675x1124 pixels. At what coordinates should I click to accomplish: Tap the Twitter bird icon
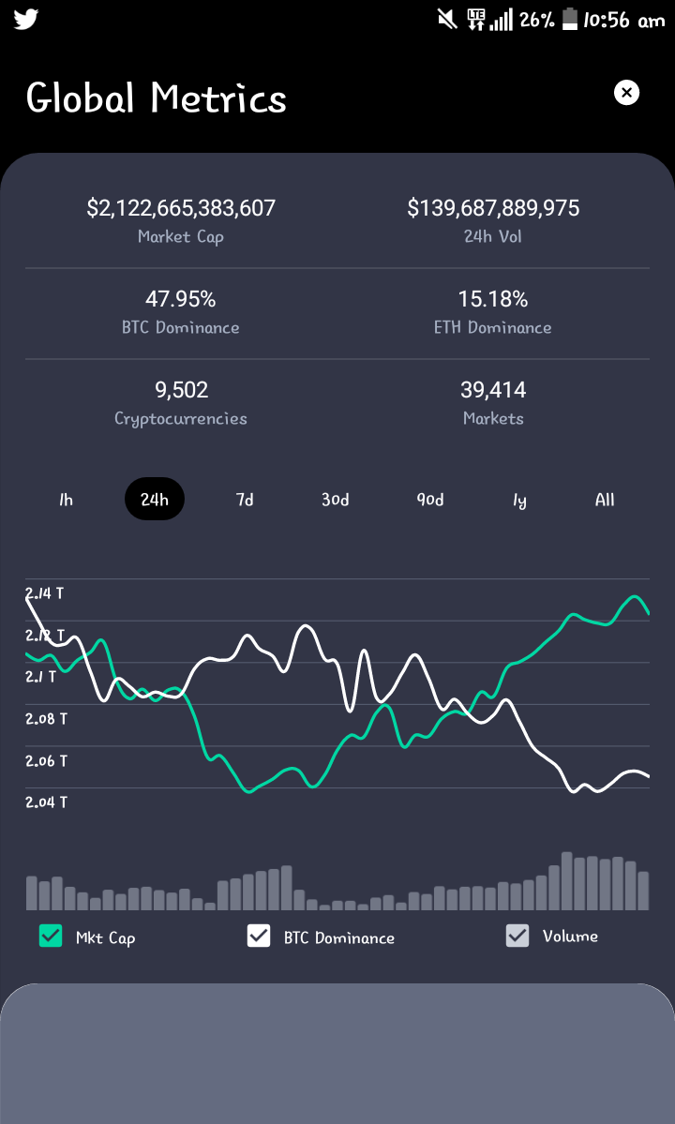[26, 20]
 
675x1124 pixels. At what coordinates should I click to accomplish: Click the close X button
[626, 93]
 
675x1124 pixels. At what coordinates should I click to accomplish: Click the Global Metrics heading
[157, 98]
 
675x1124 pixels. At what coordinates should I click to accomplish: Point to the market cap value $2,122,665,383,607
[181, 208]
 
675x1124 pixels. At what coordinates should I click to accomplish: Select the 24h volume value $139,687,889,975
[493, 208]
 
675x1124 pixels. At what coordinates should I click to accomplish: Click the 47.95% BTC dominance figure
[181, 299]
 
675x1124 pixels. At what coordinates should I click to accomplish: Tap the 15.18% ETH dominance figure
[493, 299]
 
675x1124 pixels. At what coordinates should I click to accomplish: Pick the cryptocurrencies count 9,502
[181, 390]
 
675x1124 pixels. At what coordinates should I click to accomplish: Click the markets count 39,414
[493, 390]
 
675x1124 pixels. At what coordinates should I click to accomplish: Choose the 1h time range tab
[66, 500]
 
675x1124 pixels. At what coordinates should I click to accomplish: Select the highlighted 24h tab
[155, 499]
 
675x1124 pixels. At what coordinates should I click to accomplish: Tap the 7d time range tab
[245, 500]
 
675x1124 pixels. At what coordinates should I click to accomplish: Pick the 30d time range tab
[336, 500]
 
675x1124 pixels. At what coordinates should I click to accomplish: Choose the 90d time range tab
[430, 500]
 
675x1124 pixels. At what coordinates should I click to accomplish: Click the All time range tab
[605, 500]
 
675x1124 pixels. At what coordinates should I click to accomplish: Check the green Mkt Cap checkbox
[51, 936]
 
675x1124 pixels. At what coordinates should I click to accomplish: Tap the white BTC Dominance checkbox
[259, 936]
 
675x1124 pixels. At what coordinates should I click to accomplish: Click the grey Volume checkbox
[517, 936]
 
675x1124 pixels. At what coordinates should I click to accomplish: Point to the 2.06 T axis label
[47, 760]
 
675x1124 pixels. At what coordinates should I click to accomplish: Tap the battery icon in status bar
[570, 20]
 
